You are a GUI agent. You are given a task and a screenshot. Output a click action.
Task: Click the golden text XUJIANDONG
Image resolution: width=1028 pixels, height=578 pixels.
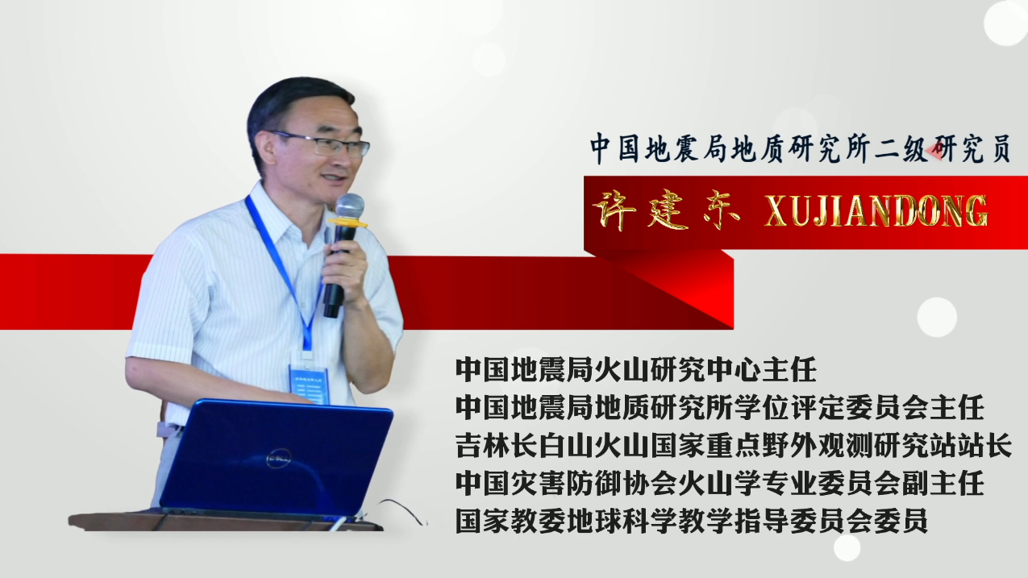[876, 211]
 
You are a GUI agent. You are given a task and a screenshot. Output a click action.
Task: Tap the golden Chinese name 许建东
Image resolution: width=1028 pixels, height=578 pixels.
[666, 211]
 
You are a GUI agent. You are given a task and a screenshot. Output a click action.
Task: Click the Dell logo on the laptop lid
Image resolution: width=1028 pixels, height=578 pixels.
[279, 458]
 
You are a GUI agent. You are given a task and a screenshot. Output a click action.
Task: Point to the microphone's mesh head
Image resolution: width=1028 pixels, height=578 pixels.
[350, 206]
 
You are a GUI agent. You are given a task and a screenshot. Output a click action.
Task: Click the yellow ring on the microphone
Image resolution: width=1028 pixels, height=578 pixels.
[348, 223]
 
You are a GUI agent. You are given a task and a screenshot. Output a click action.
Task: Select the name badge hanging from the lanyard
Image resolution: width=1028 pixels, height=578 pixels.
[310, 385]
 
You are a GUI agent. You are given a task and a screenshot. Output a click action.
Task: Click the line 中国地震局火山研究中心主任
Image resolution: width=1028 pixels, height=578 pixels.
[635, 370]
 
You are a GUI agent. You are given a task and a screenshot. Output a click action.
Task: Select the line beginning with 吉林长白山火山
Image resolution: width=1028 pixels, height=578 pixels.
[734, 445]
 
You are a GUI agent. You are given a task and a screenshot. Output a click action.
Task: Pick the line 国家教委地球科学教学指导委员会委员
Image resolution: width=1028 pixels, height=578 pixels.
[692, 520]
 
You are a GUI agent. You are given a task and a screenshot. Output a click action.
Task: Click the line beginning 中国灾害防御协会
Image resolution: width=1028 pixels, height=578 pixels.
[719, 483]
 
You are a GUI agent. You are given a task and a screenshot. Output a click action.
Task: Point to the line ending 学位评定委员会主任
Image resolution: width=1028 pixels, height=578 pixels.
[719, 407]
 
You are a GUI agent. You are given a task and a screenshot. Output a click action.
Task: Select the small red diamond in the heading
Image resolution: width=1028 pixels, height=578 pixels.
[934, 151]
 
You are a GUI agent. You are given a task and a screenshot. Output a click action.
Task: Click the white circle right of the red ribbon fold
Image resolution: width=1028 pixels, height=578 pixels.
[937, 317]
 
